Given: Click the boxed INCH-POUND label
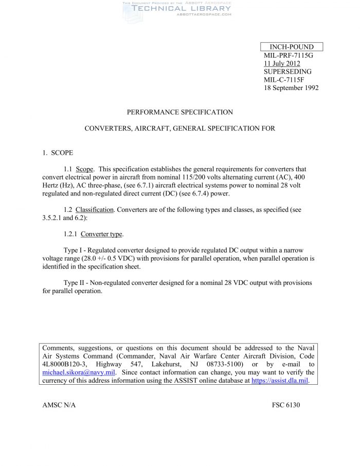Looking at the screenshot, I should tap(292, 47).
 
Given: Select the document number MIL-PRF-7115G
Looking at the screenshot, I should tap(288, 55).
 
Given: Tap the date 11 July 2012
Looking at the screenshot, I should tap(282, 63).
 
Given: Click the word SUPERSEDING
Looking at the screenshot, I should tap(287, 71).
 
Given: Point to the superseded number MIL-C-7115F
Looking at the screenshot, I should tap(284, 80).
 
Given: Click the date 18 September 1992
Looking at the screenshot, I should tap(291, 88).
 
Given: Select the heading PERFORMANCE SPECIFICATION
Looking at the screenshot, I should tap(180, 112).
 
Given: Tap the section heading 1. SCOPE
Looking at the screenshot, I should tap(58, 153).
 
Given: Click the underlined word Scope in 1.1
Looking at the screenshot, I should tap(85, 169).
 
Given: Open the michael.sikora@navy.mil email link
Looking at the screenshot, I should tap(78, 372).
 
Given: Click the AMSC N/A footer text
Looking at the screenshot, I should tap(59, 405).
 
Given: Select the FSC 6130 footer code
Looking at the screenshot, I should tap(286, 405).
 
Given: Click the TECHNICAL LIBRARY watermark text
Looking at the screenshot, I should tap(182, 8).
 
